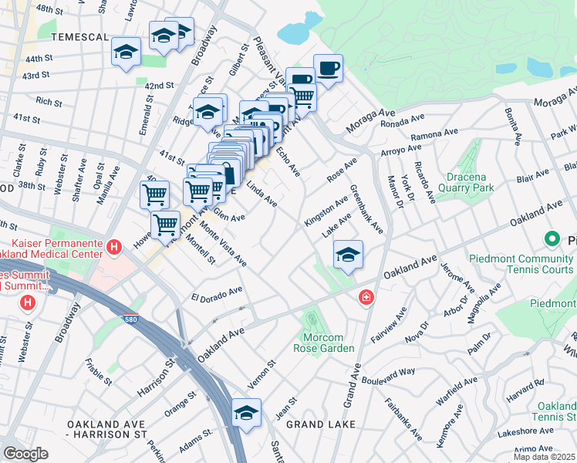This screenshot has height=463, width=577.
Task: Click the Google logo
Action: click(25, 454)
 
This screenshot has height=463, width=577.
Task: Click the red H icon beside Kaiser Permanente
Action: click(114, 247)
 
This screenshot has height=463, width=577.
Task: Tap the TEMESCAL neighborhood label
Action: click(76, 36)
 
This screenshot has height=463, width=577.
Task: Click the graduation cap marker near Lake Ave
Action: click(348, 255)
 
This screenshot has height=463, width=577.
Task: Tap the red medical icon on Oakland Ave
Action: click(366, 297)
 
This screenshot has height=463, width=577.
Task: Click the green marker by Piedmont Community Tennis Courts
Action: click(552, 239)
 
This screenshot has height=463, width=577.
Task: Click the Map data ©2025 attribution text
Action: click(543, 456)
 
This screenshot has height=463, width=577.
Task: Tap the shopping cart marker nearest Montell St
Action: click(165, 225)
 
